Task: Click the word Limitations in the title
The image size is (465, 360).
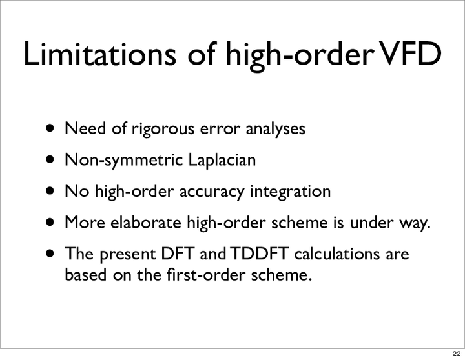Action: pyautogui.click(x=99, y=54)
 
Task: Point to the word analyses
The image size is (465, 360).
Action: pyautogui.click(x=276, y=130)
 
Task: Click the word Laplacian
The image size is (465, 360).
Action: pyautogui.click(x=222, y=161)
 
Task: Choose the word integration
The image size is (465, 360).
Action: pyautogui.click(x=291, y=192)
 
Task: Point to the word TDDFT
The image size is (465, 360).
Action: pyautogui.click(x=259, y=254)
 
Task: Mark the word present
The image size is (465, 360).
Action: pyautogui.click(x=128, y=255)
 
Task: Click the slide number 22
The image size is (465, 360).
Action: pyautogui.click(x=457, y=354)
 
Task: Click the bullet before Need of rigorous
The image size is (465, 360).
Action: pyautogui.click(x=50, y=128)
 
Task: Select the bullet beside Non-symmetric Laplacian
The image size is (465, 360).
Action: pyautogui.click(x=50, y=160)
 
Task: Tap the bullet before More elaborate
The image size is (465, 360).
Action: pyautogui.click(x=50, y=222)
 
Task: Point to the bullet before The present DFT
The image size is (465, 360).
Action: pyautogui.click(x=50, y=254)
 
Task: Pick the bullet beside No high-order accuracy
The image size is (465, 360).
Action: pyautogui.click(x=50, y=191)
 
